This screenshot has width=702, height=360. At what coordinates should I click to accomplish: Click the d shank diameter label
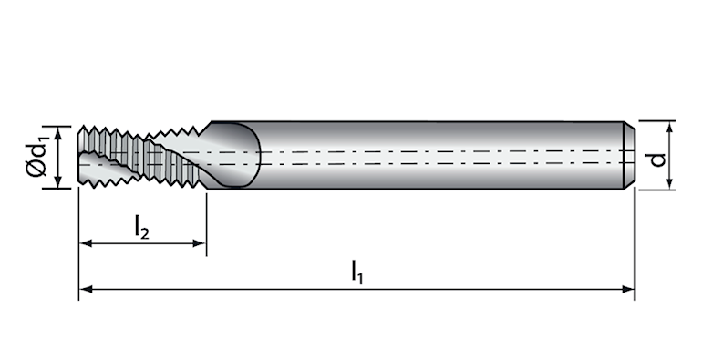[x=658, y=159]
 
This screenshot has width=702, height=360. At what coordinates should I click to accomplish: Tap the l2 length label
[x=142, y=227]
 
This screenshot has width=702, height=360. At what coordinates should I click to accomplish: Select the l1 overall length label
[x=356, y=272]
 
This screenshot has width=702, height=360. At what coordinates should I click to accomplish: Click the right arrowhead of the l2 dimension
[x=199, y=243]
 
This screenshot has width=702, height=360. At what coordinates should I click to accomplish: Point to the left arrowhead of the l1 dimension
[x=86, y=289]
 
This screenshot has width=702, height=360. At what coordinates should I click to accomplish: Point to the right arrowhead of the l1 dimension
[x=628, y=289]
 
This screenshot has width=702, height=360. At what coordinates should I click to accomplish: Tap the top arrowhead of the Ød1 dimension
[x=57, y=133]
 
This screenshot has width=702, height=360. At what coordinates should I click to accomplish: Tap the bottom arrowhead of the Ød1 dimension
[x=57, y=181]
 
